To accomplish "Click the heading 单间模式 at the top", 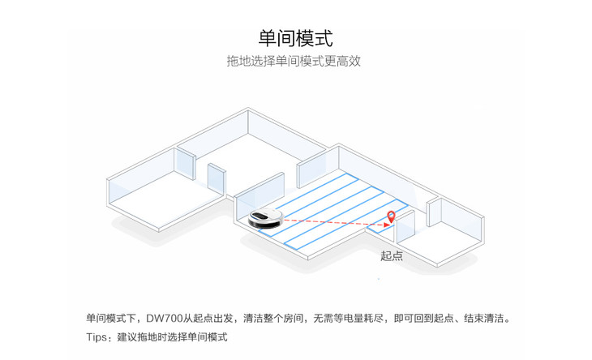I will point(295,38).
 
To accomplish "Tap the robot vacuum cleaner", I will point(264,216).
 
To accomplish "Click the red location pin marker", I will point(392,216).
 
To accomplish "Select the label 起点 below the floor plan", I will point(392,256).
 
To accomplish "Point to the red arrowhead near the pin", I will point(383,226).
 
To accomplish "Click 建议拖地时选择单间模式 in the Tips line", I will point(173,336).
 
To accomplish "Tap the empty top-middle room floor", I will point(243,162).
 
